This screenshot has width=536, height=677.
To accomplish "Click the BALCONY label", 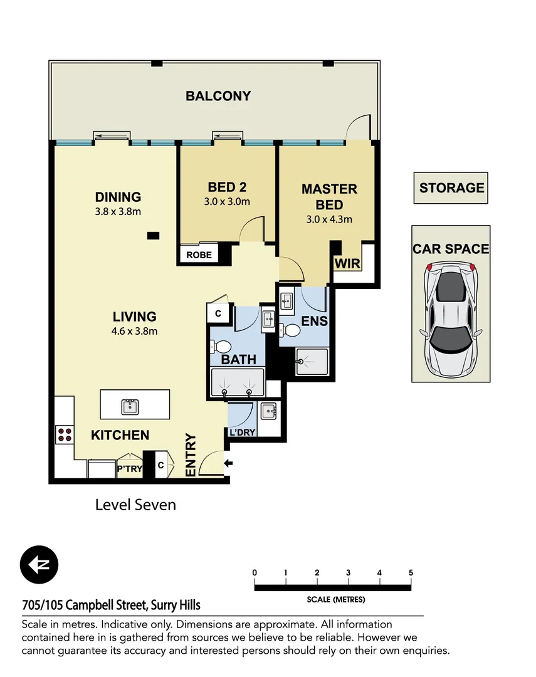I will pos(218,96).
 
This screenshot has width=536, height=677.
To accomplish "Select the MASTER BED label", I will pos(329,196).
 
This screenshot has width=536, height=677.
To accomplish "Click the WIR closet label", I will pos(347,263).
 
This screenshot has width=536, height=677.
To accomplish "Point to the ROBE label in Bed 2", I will pos(198,255).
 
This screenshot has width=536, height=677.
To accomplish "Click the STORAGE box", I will pos(451,188).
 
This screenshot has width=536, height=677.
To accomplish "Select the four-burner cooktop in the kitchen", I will pos(65,434).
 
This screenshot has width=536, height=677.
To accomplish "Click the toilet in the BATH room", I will pos(221,347).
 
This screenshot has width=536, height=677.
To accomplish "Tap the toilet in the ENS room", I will pos(290,330).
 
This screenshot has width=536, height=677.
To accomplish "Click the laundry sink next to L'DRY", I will pos(268,412).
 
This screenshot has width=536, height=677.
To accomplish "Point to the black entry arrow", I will pos(228,463).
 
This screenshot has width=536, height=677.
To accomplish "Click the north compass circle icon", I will pos(39,564).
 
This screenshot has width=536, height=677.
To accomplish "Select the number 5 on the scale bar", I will pos(411,572).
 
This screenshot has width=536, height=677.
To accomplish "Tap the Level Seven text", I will pos(135,504).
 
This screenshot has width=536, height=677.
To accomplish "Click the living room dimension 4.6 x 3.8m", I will pos(135,331).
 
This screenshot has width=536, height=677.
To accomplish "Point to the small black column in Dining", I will pos(153,236).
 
